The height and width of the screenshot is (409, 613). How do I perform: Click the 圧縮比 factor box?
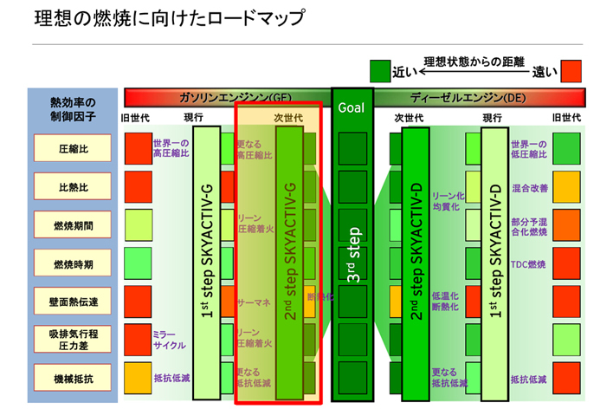tap(74, 148)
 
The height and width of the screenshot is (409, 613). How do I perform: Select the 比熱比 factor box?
tap(74, 186)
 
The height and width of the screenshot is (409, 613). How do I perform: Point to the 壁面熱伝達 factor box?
tap(74, 302)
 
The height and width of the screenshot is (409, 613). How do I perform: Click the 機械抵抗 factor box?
tap(74, 378)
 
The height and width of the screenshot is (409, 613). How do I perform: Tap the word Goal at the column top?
tap(352, 108)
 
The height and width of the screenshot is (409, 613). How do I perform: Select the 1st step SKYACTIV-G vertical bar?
tap(208, 260)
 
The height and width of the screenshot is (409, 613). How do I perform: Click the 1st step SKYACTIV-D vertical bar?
tap(494, 260)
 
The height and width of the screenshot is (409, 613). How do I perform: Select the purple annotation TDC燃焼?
tap(529, 263)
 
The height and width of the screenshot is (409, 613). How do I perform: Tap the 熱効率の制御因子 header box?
tap(74, 109)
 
